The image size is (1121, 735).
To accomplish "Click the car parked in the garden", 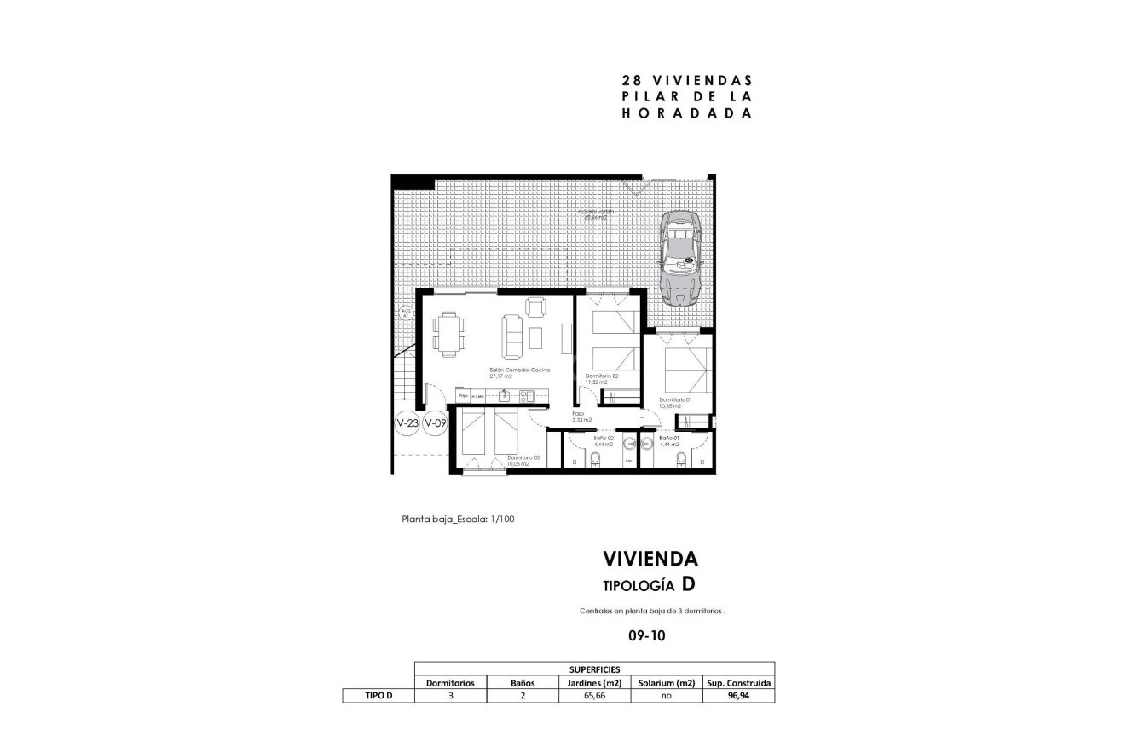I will pyautogui.click(x=681, y=258).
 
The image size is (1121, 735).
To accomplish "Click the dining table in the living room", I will pyautogui.click(x=449, y=332).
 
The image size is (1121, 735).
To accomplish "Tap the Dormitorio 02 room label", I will pyautogui.click(x=601, y=378).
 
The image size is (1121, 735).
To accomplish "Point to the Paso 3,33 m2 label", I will pyautogui.click(x=582, y=417).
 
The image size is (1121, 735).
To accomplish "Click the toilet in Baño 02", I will pyautogui.click(x=596, y=461).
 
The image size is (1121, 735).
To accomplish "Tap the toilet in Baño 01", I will pyautogui.click(x=680, y=461).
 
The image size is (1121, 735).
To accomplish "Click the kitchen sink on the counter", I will pyautogui.click(x=504, y=395).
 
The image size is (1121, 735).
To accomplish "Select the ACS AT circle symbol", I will pyautogui.click(x=406, y=313).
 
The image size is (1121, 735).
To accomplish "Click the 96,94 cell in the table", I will pyautogui.click(x=738, y=696).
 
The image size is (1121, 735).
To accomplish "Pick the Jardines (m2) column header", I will pyautogui.click(x=594, y=683).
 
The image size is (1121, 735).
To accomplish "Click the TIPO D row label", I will pyautogui.click(x=378, y=696).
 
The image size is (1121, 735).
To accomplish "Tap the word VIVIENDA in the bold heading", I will pyautogui.click(x=650, y=559).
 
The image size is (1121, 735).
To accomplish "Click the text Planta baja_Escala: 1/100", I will pyautogui.click(x=458, y=519).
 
